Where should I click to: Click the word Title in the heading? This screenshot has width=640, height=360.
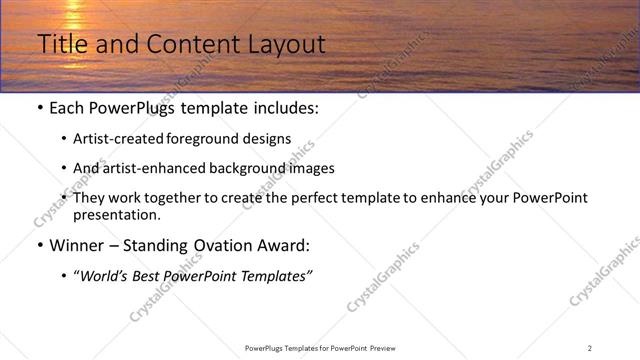click(59, 45)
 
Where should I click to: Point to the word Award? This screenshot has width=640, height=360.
click(282, 245)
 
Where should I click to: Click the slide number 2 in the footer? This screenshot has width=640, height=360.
click(590, 348)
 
